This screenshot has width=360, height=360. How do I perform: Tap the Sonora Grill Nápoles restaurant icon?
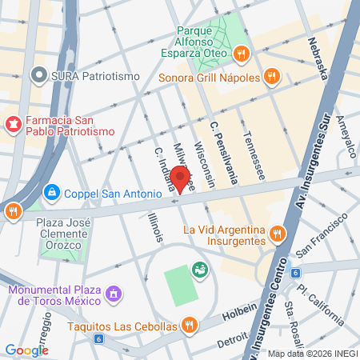coord(272,77)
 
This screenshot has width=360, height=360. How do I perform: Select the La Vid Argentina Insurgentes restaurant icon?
coord(277,234)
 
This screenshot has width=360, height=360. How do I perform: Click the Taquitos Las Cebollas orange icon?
coord(189,325)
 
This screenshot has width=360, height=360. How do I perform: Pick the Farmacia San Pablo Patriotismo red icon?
coord(13,124)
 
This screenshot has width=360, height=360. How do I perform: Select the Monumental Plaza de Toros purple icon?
coord(114,295)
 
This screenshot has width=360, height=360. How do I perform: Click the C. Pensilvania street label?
coord(223,149)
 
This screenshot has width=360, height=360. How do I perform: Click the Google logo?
coord(26,350)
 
